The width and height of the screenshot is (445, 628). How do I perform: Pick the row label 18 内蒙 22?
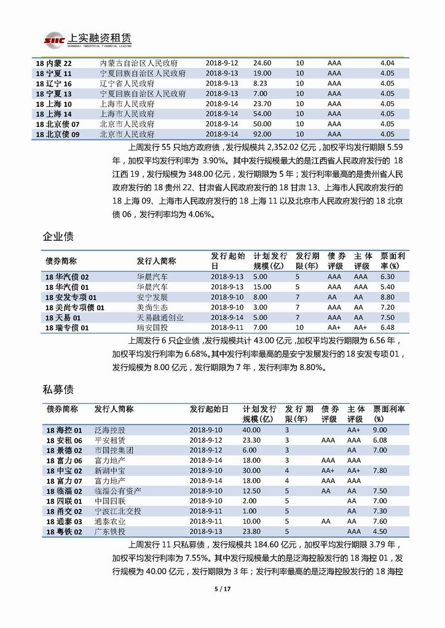54,63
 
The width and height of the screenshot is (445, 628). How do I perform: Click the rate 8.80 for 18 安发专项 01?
387,297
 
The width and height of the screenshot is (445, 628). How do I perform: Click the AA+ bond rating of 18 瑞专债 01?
334,328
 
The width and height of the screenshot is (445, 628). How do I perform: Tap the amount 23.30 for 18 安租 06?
251,440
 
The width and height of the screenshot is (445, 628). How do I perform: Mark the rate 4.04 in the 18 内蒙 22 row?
387,63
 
